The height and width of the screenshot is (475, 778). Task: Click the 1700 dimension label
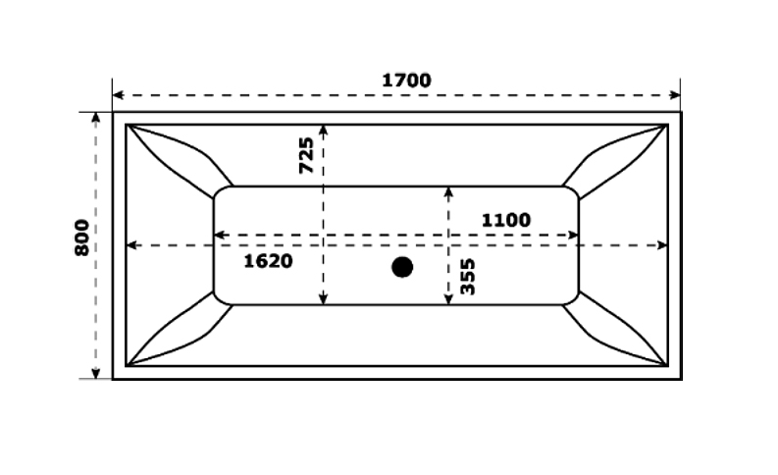point(406,80)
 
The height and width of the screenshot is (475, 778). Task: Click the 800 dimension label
point(82,237)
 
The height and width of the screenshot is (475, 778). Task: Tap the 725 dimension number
point(307,155)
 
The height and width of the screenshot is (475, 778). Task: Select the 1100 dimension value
point(506,220)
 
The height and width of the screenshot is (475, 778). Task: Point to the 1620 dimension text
point(268,261)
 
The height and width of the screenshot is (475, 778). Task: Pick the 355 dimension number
point(467,277)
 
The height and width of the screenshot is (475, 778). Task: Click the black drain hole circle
point(402,267)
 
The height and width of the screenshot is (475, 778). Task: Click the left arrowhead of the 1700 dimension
point(118,95)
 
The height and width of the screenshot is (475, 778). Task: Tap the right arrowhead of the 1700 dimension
point(675,95)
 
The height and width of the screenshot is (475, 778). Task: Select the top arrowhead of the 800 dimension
point(96,118)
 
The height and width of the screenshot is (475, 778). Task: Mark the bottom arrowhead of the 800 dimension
point(96,373)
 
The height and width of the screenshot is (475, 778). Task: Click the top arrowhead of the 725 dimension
point(324,131)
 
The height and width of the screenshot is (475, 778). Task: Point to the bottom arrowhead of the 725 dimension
point(324,298)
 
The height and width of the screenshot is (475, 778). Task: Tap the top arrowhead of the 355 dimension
point(448,192)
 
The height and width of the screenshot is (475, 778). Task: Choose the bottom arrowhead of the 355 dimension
point(448,298)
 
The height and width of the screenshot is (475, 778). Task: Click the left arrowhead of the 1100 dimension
point(220,235)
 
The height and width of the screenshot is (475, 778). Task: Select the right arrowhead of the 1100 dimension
point(573,235)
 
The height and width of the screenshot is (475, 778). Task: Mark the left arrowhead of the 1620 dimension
point(132,245)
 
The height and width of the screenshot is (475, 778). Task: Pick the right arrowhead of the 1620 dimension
point(662,245)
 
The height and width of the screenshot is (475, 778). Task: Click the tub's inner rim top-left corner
point(126,125)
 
